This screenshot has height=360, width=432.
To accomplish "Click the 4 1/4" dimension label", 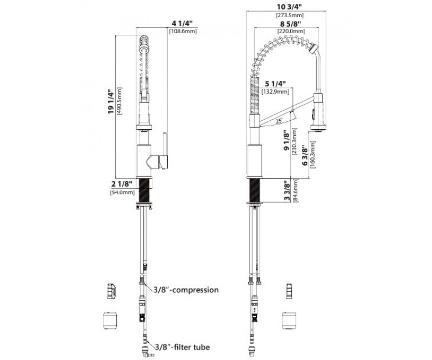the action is click(182, 23).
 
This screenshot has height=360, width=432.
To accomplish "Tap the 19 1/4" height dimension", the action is click(111, 102).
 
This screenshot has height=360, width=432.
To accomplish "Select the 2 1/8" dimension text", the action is click(122, 184).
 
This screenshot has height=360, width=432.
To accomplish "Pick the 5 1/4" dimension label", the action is click(275, 84).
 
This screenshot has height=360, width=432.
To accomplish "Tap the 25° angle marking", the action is click(279, 121).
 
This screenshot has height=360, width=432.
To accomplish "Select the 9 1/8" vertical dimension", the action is click(287, 141).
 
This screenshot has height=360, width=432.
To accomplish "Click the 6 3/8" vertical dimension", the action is click(305, 156).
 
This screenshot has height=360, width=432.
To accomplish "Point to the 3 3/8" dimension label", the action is click(287, 191).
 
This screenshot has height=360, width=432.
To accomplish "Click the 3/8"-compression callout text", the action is click(186, 290).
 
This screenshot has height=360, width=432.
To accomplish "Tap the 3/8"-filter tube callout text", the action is click(182, 347).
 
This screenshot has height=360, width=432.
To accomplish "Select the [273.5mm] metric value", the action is click(290, 15).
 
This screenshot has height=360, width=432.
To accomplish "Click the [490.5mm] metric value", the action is click(120, 101).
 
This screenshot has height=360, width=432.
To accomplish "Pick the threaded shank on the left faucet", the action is click(145, 191).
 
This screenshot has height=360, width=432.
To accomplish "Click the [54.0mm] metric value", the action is click(122, 193).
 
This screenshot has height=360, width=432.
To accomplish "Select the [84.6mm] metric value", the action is click(296, 191).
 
